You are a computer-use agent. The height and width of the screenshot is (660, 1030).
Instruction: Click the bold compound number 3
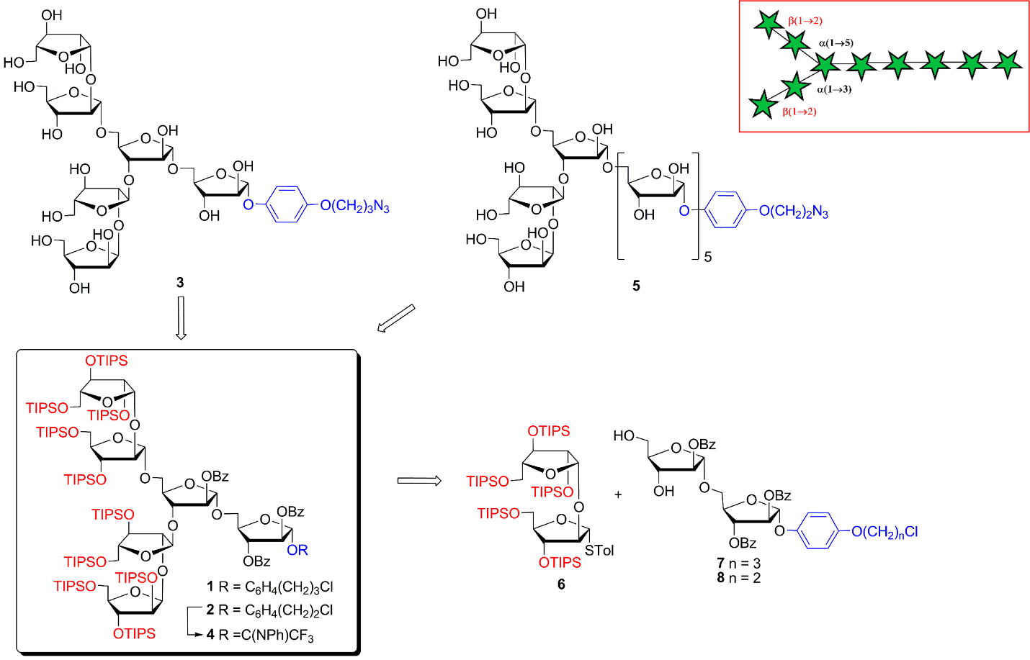coord(180,283)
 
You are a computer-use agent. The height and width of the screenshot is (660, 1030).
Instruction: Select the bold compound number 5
coord(636,286)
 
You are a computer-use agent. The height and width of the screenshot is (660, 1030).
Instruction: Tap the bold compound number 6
coord(561,584)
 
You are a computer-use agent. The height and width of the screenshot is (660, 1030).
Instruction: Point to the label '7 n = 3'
coord(738,563)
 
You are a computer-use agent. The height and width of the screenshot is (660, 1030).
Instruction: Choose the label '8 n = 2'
coord(738,577)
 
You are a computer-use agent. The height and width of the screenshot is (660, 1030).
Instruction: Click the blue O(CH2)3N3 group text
coord(354,207)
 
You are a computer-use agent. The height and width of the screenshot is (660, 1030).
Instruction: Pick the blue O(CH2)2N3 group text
coord(794,212)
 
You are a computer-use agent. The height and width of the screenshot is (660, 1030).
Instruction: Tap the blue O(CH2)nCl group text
coord(885,533)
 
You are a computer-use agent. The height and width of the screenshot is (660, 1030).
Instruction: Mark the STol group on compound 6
coord(599,551)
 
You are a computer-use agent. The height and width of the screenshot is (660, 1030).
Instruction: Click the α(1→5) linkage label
coord(836,43)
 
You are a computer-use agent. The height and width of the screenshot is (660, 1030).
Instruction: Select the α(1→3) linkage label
coord(834,90)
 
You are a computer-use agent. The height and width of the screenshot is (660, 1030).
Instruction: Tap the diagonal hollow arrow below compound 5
coord(396,318)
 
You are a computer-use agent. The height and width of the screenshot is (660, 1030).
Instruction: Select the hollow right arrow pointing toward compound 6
coord(419,480)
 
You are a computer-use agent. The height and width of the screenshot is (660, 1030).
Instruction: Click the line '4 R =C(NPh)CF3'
coord(260,635)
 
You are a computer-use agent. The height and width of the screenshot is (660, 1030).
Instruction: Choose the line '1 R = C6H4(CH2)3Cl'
coord(270,587)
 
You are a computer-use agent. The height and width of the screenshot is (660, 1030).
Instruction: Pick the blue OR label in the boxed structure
coord(297,550)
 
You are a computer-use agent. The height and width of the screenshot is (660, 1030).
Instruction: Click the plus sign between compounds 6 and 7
coord(618,494)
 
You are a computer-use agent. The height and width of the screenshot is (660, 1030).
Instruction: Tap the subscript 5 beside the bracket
coord(708,257)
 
